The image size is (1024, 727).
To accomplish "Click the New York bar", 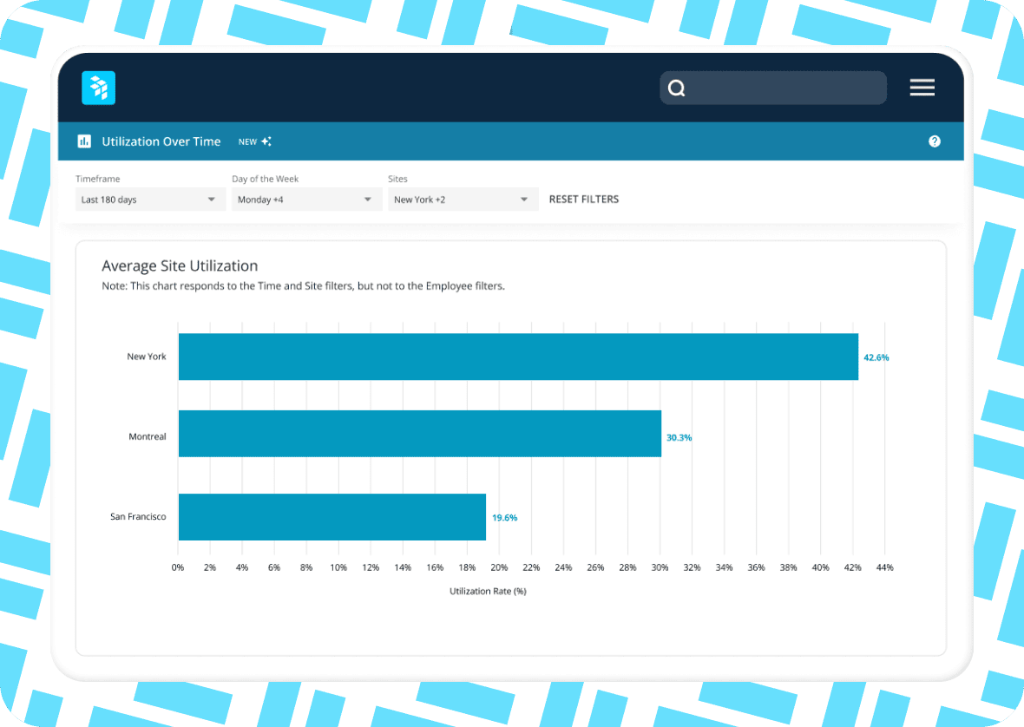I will (518, 357).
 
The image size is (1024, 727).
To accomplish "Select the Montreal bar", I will (419, 434).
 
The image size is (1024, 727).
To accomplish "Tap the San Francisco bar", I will (331, 517).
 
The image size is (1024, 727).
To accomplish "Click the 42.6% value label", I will (876, 357).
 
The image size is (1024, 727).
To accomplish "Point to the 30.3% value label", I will (679, 438).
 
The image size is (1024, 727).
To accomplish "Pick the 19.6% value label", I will (504, 518).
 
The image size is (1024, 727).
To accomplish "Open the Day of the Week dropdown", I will (306, 200).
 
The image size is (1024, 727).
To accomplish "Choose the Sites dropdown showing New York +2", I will (461, 200).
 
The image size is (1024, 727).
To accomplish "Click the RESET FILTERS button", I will (584, 200).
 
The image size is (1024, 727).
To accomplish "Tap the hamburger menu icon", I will (922, 88).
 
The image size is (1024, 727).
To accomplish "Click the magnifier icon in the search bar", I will (677, 88).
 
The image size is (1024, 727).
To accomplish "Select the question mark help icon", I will (935, 141).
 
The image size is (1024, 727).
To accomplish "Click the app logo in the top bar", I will (98, 88).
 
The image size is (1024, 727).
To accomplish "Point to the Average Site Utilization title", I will (180, 266).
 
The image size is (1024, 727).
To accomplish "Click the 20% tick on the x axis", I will (499, 567).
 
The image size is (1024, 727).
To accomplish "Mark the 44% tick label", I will (884, 567).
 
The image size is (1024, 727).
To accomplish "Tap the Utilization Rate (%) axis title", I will (488, 591).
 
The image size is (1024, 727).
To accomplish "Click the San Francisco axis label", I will (138, 517).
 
